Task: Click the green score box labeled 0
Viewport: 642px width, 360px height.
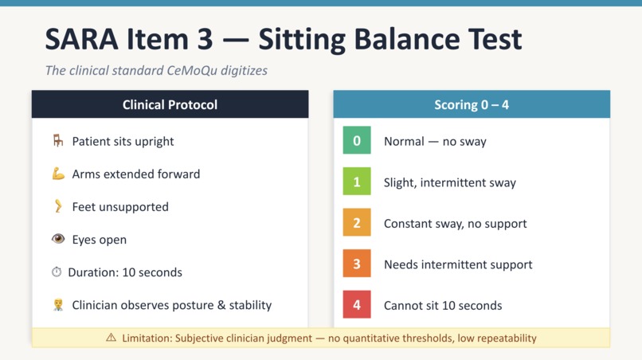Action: pyautogui.click(x=357, y=141)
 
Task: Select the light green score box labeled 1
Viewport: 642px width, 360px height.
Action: pyautogui.click(x=357, y=182)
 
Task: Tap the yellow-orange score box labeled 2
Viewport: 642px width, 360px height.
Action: pyautogui.click(x=357, y=223)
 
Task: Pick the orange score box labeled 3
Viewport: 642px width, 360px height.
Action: pyautogui.click(x=357, y=264)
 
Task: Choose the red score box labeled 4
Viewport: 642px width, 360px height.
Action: pyautogui.click(x=357, y=305)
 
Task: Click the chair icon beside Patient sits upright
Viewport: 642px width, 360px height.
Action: pyautogui.click(x=58, y=141)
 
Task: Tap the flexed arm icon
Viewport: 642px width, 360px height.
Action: pyautogui.click(x=58, y=174)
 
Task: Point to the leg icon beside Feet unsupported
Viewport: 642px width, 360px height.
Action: pyautogui.click(x=58, y=206)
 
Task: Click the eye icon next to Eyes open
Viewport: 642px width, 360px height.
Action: pyautogui.click(x=58, y=239)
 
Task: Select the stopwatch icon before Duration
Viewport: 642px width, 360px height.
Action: pyautogui.click(x=57, y=272)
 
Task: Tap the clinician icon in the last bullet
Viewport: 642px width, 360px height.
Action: pyautogui.click(x=58, y=305)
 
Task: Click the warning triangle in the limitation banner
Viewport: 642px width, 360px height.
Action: pyautogui.click(x=111, y=338)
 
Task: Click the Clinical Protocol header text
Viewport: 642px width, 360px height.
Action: pyautogui.click(x=170, y=104)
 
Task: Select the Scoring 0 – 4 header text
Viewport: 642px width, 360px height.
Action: pyautogui.click(x=472, y=104)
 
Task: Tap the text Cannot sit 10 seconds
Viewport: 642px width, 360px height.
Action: pyautogui.click(x=443, y=305)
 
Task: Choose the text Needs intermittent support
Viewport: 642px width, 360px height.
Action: pyautogui.click(x=458, y=264)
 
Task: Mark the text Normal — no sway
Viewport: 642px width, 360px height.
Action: pyautogui.click(x=435, y=141)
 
